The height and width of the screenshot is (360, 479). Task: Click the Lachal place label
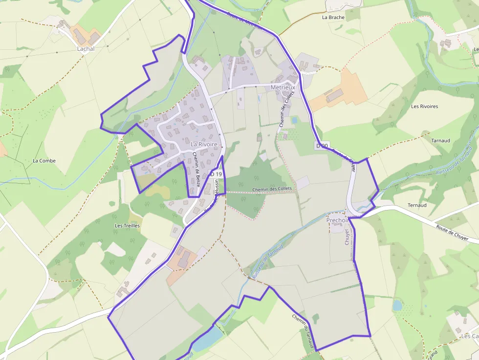coord(86,49)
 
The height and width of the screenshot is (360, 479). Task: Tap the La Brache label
coord(333,17)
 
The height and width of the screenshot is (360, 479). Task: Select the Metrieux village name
coord(283,87)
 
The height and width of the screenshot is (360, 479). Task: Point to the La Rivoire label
coord(203,145)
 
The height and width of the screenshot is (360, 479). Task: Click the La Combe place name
coord(44,161)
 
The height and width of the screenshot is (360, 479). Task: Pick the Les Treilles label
coord(127,226)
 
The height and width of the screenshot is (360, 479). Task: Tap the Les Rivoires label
coord(424,106)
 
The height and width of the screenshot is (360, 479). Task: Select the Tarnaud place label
coord(440,141)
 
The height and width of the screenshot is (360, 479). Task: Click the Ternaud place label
coord(416,205)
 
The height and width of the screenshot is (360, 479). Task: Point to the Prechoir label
coord(337,220)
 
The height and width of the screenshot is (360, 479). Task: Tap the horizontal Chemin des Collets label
coord(272,189)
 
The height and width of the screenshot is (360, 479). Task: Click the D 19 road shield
coord(216,174)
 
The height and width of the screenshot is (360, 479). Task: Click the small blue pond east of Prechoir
coord(397,305)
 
